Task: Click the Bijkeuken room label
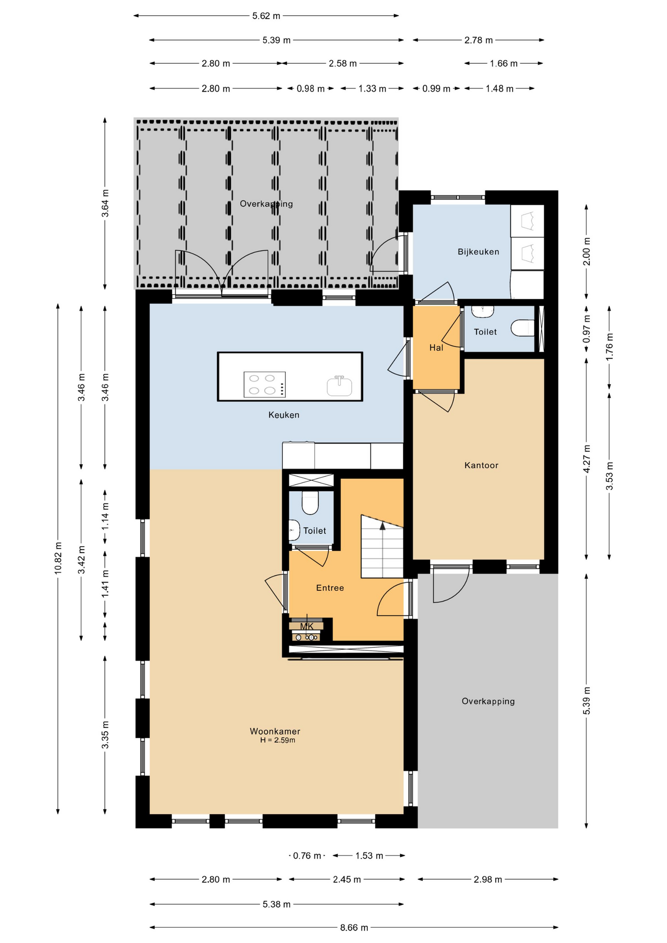[478, 252]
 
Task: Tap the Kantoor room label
[481, 465]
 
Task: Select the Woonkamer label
[275, 731]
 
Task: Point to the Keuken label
[283, 415]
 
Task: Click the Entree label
[330, 588]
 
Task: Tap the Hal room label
[436, 348]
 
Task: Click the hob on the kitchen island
[265, 385]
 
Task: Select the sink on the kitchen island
[339, 386]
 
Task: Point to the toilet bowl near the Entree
[310, 502]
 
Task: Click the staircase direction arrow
[383, 526]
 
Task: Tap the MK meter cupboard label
[306, 626]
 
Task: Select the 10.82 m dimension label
[58, 558]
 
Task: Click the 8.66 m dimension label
[354, 928]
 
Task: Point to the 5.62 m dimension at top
[266, 16]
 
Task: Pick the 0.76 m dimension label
[307, 856]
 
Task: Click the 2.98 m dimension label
[488, 880]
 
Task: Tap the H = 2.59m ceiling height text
[278, 740]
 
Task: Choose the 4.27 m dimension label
[586, 459]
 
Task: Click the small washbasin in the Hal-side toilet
[483, 310]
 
